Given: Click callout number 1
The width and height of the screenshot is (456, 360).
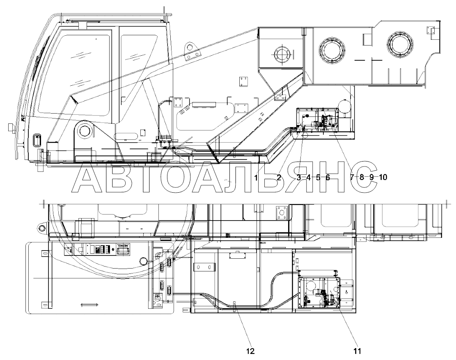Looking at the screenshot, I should coord(256,178).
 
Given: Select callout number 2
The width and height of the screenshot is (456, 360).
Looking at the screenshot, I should coord(279,178).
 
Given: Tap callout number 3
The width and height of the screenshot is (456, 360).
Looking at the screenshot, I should coord(299,178).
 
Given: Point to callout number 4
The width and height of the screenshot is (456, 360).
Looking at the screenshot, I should coord(309,178).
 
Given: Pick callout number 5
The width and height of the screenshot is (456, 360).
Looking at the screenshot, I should coord(318,178).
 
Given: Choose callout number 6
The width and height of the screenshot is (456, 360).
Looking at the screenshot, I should coord(328,178).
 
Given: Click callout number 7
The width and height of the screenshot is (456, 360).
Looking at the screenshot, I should coord(352,178).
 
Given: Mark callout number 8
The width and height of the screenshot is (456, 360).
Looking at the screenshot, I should coord(362,178).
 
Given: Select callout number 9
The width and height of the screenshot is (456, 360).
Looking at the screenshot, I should coord(371,178).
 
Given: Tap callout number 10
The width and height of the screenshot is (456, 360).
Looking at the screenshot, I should coord(383,178).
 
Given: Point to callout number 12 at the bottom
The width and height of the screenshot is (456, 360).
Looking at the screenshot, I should coord(250,351).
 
